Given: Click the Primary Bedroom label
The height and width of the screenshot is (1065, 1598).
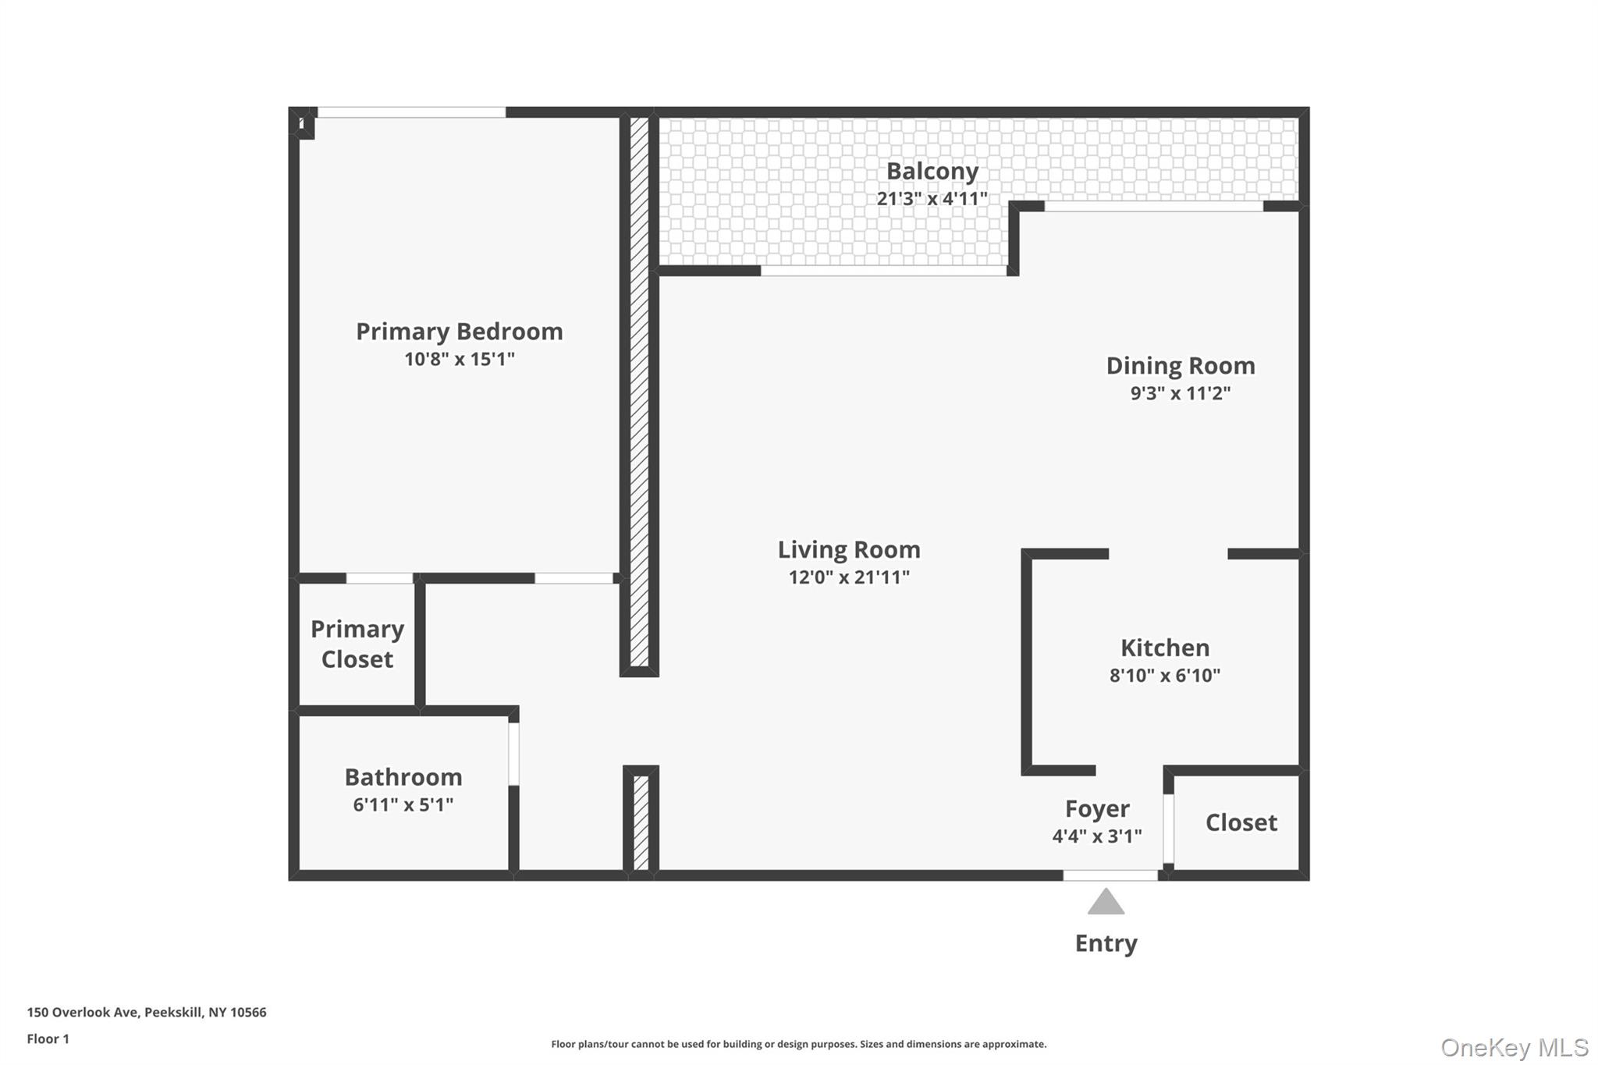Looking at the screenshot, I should pos(459,332).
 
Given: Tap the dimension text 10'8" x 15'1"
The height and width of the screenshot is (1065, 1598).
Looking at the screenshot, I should pos(459,360).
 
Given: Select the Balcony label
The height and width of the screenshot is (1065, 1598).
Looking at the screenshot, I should pos(932,171).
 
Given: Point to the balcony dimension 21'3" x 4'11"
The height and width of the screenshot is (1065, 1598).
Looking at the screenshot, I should pos(932,199).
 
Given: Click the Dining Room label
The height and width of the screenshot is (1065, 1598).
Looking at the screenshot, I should pos(1180,366).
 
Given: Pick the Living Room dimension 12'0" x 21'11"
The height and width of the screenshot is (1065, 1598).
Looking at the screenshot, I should pos(849,577).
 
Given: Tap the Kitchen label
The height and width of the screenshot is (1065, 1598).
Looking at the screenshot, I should pos(1164,648).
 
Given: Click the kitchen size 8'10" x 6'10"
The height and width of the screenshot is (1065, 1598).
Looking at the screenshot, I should pos(1164,676).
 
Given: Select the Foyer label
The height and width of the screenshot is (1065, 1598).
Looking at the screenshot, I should pos(1096,809).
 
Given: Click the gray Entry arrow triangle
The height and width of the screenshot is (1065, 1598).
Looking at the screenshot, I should pos(1106,903).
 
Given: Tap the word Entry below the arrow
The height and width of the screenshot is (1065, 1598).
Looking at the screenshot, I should pos(1106,943).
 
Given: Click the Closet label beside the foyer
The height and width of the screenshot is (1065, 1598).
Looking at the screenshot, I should pos(1241,822).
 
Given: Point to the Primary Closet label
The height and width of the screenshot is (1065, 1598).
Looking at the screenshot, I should pos(357,644).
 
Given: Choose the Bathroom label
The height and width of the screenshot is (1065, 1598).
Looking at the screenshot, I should pos(403,777).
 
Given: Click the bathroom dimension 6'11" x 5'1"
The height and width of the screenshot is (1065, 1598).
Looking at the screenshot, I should pos(403,804).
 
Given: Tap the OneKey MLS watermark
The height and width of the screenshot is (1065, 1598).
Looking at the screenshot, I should pos(1514,1047).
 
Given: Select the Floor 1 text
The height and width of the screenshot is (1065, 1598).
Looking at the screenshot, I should pos(48,1038).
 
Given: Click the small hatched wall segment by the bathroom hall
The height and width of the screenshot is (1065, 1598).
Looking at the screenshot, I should pos(641,822).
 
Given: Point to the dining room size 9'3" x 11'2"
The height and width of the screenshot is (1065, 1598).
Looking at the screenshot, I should pos(1180,393).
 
